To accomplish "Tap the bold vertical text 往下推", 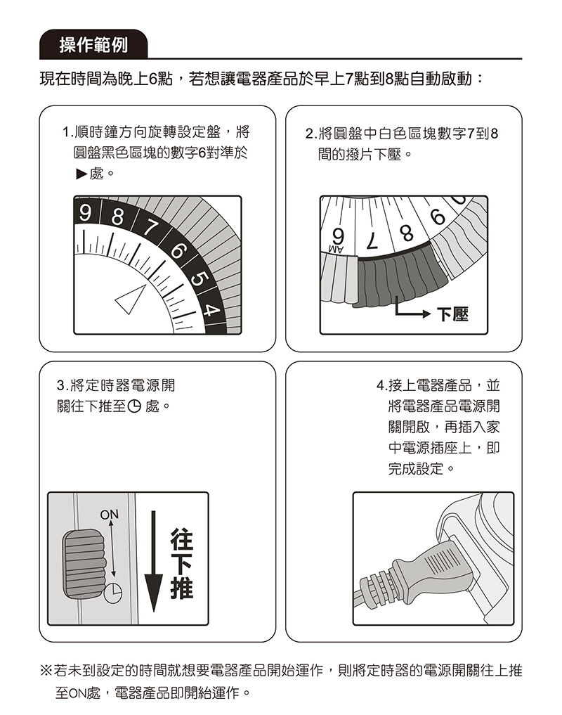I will point(181,567).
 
